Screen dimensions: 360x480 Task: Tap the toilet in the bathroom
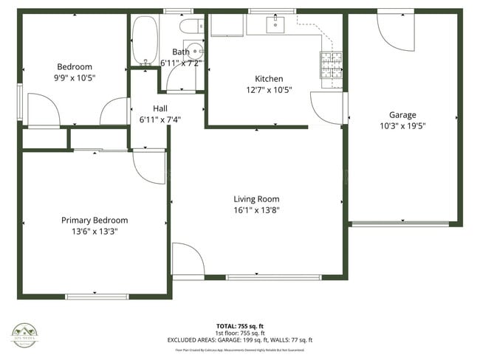[190, 29]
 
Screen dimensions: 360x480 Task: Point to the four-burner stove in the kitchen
[330, 64]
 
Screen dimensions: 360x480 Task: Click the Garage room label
[402, 114]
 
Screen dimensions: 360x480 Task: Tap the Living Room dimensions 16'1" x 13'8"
[256, 210]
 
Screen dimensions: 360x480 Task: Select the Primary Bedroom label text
[95, 220]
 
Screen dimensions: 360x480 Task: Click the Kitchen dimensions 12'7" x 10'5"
[269, 90]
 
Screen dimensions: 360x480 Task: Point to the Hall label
[160, 108]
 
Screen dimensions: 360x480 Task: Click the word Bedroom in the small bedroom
[75, 66]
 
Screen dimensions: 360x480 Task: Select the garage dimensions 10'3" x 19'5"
[402, 125]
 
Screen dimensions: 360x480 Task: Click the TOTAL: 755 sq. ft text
[239, 325]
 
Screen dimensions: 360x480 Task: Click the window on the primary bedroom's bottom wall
[94, 297]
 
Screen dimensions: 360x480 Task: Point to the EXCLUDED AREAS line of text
[239, 340]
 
